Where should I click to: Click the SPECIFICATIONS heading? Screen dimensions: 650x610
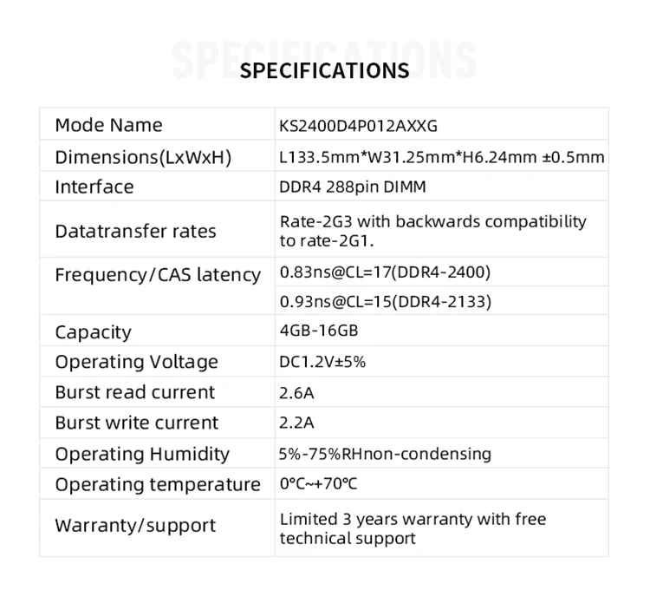(324, 71)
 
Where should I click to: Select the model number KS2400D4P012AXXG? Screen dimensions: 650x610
(358, 126)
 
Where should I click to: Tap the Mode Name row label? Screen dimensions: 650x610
(108, 125)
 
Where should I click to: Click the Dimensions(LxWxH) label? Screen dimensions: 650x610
(143, 158)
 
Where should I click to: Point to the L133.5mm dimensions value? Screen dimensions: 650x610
(441, 158)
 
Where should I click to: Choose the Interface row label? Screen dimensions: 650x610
(94, 187)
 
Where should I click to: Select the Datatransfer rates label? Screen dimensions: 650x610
(135, 232)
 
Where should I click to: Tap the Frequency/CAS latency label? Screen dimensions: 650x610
(158, 275)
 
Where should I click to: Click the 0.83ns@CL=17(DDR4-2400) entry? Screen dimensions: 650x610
(385, 272)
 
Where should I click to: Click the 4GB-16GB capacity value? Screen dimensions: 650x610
(319, 331)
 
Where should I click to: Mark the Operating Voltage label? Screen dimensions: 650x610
(136, 362)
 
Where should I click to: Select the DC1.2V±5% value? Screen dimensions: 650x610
(322, 362)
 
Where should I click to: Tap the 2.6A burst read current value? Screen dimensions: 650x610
(296, 393)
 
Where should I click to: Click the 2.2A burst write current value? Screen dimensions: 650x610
(296, 423)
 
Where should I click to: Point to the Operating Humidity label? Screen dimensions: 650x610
(142, 454)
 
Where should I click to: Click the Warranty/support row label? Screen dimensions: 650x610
(135, 526)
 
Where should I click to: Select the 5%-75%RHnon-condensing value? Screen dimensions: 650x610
(385, 454)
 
